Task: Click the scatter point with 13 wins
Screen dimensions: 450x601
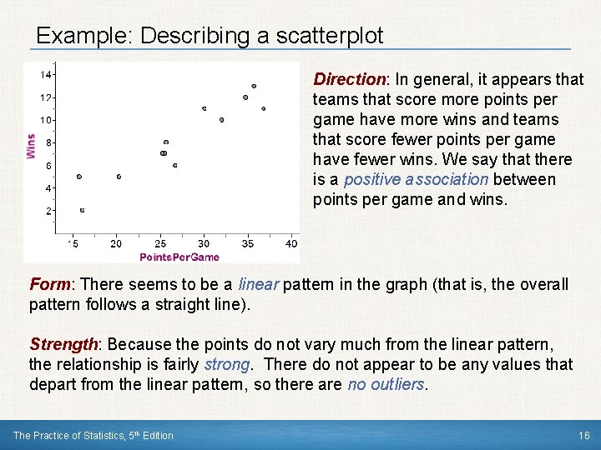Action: coord(254,86)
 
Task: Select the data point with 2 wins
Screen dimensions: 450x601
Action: coord(82,210)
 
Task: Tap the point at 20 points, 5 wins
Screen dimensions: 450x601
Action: coord(119,177)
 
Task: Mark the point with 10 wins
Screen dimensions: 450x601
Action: coord(221,120)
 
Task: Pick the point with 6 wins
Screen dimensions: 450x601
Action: coord(174,165)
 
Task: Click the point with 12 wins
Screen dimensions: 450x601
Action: coord(245,97)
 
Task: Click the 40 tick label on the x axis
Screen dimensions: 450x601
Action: coord(290,243)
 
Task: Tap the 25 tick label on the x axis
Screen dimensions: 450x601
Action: coord(160,243)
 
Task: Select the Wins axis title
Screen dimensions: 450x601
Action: coord(31,146)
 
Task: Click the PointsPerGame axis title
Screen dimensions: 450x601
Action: coord(179,257)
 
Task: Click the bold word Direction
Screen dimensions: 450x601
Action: coord(348,79)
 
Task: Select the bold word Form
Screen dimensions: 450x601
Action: coord(48,284)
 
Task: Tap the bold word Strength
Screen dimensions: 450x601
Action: coord(63,344)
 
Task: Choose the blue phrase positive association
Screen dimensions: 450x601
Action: coord(416,179)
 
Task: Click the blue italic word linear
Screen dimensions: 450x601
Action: coord(259,284)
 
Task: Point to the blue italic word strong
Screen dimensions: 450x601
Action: coord(227,364)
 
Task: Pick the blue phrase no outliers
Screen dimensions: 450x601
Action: coord(386,384)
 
